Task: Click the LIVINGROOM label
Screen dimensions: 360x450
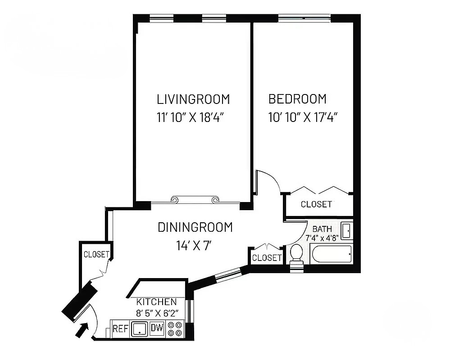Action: [x=193, y=99]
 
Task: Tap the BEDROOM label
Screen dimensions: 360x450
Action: [x=297, y=99]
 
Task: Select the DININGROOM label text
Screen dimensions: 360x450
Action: [x=195, y=227]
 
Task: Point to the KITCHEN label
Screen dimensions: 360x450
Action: [x=156, y=301]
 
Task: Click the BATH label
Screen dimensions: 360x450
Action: [x=322, y=229]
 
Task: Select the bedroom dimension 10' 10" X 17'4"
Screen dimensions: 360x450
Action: [x=303, y=117]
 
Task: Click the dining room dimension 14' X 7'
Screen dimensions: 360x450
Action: [x=194, y=246]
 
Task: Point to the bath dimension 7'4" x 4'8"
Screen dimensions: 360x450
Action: [x=322, y=238]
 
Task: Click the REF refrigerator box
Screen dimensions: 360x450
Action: [x=120, y=328]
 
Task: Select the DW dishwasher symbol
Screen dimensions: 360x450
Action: [x=157, y=328]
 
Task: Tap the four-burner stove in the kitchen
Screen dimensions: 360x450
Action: [x=174, y=328]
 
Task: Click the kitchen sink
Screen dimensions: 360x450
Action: [x=140, y=329]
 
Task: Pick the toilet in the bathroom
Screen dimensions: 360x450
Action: [x=296, y=255]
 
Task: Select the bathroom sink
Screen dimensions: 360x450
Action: [x=346, y=231]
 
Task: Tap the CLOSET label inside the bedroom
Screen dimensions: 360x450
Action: [x=316, y=204]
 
